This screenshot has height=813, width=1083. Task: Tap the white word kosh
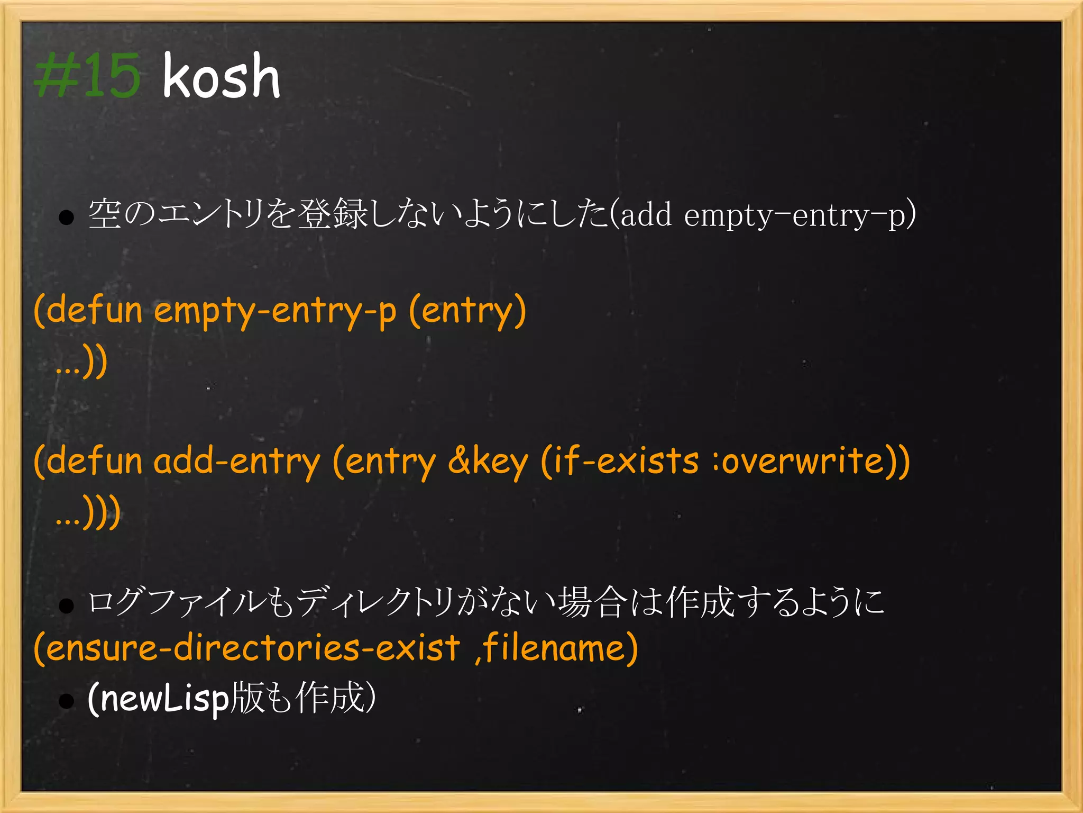221,77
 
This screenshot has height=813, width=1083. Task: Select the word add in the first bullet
646,215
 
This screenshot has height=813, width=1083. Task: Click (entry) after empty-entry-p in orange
467,311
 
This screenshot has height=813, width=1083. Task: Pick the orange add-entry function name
237,461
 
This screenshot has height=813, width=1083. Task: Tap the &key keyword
488,461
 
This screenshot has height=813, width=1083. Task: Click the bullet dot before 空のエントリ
66,217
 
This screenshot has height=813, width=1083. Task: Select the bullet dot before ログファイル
66,606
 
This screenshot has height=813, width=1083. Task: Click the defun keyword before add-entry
94,461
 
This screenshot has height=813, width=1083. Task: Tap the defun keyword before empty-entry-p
94,311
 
